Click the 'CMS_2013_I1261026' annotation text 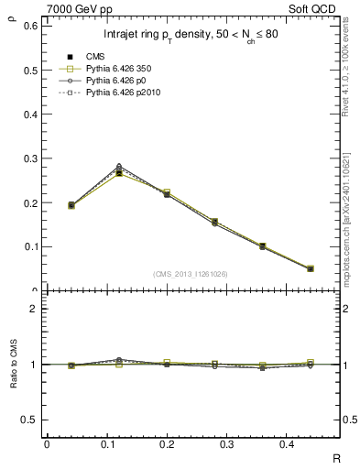191,273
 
